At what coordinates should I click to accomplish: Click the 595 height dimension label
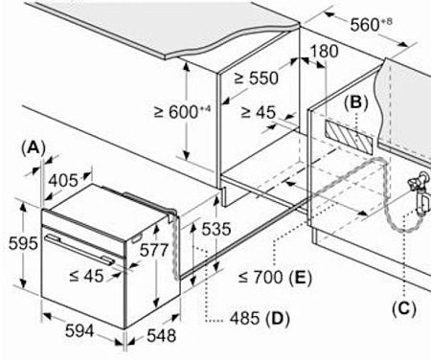tap(23, 243)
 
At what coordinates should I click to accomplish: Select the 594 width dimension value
tap(79, 330)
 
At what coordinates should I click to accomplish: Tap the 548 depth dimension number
tap(162, 336)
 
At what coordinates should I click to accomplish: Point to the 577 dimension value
tap(154, 250)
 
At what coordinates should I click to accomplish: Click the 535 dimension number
tap(216, 229)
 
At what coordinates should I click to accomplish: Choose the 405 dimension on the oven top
tap(63, 180)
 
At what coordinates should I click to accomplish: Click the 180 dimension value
tap(324, 51)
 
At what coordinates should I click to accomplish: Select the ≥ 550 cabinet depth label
tap(257, 78)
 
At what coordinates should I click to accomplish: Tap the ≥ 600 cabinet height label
tap(182, 112)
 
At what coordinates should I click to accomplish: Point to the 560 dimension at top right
tap(371, 24)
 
